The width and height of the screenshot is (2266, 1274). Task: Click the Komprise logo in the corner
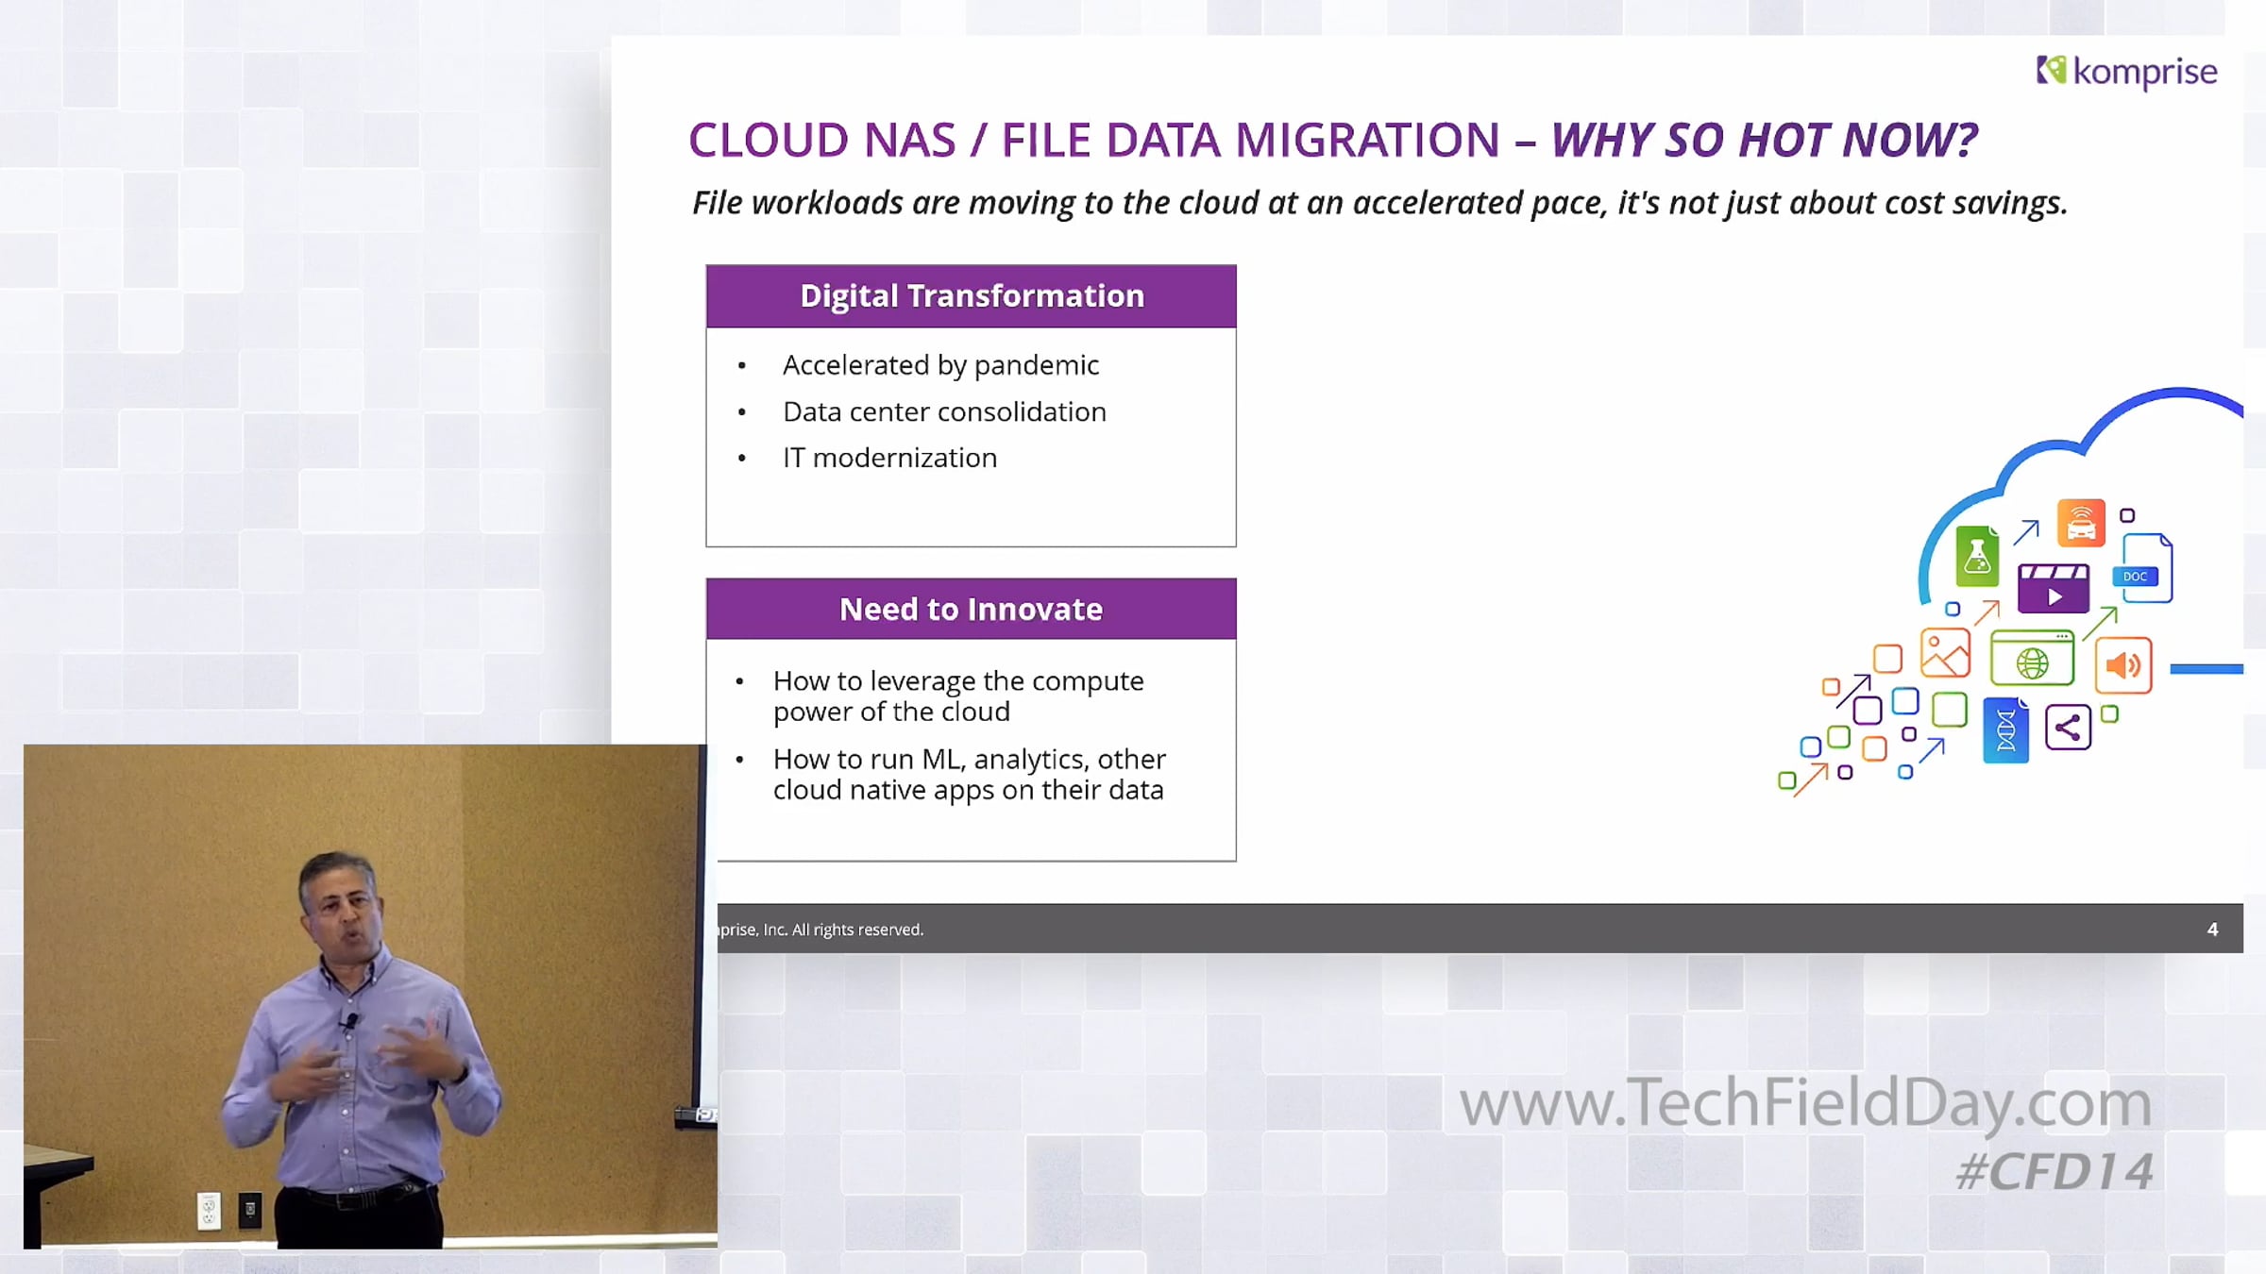[x=2126, y=72]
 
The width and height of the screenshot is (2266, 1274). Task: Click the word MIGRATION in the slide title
[x=1367, y=141]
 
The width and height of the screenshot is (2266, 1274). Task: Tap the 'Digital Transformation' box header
[x=972, y=296]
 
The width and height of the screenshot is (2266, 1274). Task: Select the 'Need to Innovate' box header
[x=972, y=609]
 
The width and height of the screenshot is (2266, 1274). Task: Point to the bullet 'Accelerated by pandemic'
[x=940, y=365]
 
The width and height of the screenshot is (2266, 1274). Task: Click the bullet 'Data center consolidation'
[x=944, y=411]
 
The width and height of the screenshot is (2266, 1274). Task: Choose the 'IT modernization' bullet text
[x=889, y=458]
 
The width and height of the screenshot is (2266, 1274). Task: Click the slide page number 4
[x=2212, y=930]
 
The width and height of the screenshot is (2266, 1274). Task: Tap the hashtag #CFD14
[x=2055, y=1172]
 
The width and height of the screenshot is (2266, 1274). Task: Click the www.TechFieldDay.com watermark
[x=1805, y=1103]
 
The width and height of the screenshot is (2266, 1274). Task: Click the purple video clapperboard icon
[x=2053, y=588]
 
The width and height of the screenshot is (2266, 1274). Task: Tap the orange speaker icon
[x=2123, y=665]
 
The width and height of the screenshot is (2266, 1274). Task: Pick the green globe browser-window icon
[x=2032, y=658]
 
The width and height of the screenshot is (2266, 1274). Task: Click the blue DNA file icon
[x=2005, y=729]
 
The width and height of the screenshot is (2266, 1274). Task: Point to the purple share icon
[x=2068, y=728]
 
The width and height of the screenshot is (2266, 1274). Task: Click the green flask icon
[x=1977, y=556]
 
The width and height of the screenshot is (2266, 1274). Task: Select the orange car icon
[x=2081, y=523]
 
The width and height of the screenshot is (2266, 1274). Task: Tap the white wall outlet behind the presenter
[x=209, y=1211]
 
